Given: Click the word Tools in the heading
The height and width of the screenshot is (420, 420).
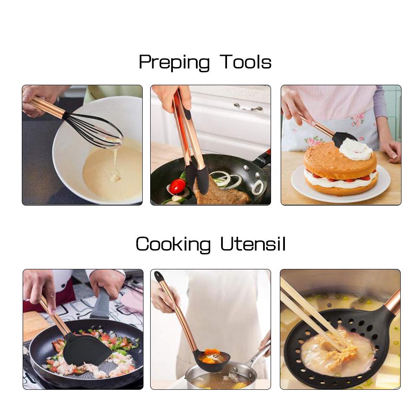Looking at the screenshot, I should [x=246, y=62].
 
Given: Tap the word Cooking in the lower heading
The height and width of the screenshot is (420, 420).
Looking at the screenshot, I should [x=173, y=244].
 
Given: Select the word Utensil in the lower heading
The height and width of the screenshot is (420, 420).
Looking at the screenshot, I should [x=253, y=244].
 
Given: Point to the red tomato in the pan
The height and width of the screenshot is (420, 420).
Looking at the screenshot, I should [x=177, y=186].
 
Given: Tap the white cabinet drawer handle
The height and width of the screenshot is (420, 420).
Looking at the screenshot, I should [x=248, y=107].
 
